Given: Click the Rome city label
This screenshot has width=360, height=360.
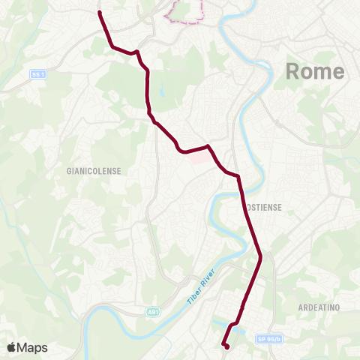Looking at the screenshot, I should pos(315,72).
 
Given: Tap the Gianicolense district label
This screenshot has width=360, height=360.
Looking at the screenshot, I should pos(94,171).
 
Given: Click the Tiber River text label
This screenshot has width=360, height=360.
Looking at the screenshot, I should pos(200,286).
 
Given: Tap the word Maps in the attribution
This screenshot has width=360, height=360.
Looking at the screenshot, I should pos(32,347).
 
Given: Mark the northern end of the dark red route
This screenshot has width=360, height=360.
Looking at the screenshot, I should pos(100,12).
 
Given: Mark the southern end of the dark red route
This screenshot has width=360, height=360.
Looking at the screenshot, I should pos(226,347).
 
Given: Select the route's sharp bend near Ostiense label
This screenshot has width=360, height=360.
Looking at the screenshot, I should pos(238,177).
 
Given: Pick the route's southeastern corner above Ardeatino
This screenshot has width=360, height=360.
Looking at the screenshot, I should pos(260,259).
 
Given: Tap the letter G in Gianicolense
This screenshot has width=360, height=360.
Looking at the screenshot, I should pos(69,171).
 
